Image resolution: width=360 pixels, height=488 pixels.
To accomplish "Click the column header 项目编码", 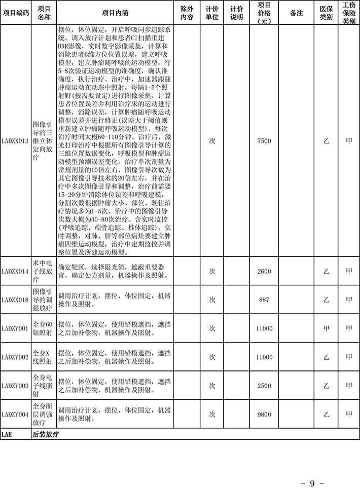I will (x=15, y=13).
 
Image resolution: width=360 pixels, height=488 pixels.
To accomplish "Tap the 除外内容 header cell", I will (x=187, y=13).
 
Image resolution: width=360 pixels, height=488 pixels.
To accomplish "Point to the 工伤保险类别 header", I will (x=349, y=13).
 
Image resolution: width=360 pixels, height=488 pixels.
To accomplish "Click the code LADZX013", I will (x=15, y=141).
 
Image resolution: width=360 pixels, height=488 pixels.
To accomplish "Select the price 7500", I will (x=264, y=141).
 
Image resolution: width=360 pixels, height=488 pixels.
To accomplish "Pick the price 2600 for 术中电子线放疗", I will (x=264, y=271).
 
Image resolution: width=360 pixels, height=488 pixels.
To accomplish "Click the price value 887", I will (x=264, y=299).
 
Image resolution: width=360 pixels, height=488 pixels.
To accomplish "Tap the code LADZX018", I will (x=15, y=299).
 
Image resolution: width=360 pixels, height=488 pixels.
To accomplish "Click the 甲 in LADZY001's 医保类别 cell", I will (x=326, y=328).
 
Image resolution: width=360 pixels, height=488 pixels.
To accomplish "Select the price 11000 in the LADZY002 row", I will (x=264, y=357).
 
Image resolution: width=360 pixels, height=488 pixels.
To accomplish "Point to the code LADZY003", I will (x=15, y=386).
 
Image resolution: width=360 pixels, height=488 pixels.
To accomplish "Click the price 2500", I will (x=264, y=386).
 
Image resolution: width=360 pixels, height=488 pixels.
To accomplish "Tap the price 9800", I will (x=264, y=414).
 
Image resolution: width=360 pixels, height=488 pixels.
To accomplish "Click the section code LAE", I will (x=7, y=434).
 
